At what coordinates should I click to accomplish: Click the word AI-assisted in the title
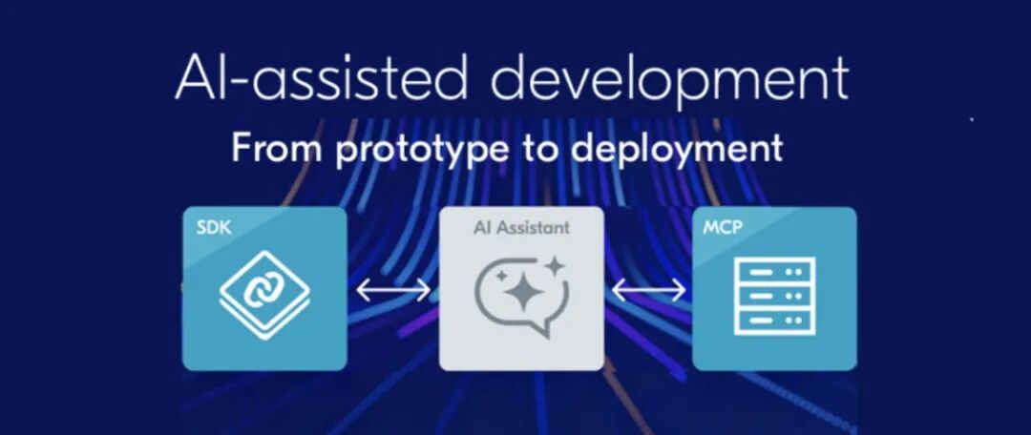321,78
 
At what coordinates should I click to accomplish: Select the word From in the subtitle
276,148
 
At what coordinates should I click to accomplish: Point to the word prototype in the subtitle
422,151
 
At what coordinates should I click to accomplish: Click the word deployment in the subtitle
677,151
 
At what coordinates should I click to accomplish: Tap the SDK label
214,229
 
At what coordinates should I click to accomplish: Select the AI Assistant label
521,228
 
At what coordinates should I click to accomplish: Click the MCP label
723,229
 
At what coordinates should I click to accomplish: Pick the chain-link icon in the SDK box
264,295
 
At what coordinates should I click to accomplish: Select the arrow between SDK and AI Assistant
393,290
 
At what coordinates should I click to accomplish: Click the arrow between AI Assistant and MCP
648,290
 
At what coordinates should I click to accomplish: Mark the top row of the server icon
773,271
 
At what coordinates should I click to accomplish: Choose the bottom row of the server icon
773,321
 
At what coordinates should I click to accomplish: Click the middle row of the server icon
773,296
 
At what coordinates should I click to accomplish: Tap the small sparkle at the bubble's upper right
555,266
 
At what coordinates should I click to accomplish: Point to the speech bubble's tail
542,328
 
